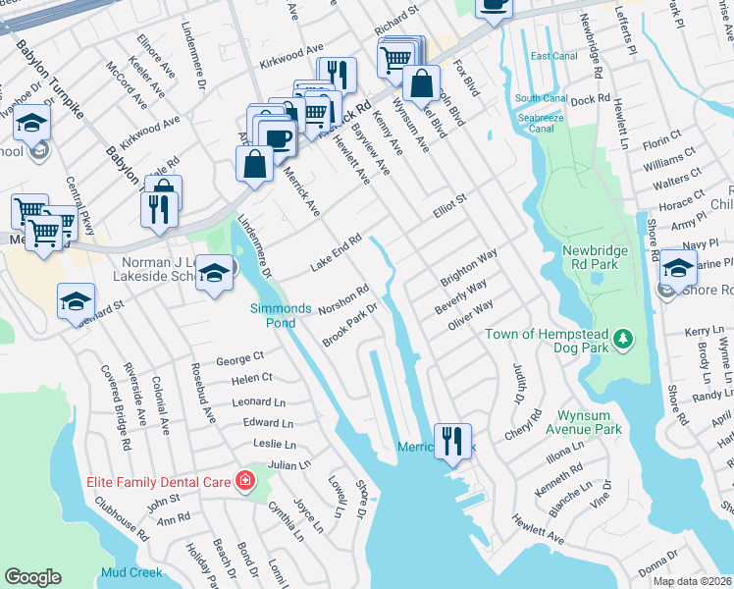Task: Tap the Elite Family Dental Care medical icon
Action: pos(244,481)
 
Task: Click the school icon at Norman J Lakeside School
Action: pos(214,272)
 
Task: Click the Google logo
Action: pos(32,577)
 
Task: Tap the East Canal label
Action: pos(553,56)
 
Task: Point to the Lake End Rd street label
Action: pos(337,252)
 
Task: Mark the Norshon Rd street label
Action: pos(342,300)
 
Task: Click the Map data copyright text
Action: pos(692,581)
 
